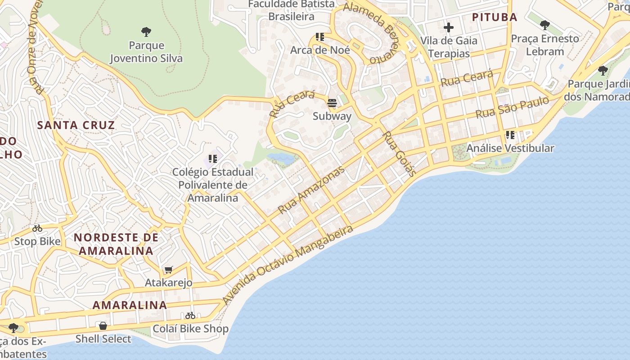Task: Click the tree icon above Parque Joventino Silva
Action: point(146,32)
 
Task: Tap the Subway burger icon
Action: point(332,103)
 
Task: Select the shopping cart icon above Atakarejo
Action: point(168,270)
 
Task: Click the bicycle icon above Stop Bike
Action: point(37,228)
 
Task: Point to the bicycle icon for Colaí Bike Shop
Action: point(190,315)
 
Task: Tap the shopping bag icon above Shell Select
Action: point(103,325)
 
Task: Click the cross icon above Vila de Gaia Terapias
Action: point(448,27)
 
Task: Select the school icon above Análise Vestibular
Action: point(510,135)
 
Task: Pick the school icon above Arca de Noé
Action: point(320,37)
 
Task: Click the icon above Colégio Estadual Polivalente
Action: point(213,159)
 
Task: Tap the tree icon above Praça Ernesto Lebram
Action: point(545,25)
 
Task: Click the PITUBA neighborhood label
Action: point(494,17)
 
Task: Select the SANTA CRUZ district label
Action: point(76,125)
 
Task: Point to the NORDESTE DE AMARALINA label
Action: point(116,244)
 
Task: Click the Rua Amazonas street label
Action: point(311,190)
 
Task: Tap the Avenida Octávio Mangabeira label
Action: point(288,265)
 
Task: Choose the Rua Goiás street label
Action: point(399,153)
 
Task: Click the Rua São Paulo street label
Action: point(512,108)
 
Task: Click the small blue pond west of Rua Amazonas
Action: point(282,158)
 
